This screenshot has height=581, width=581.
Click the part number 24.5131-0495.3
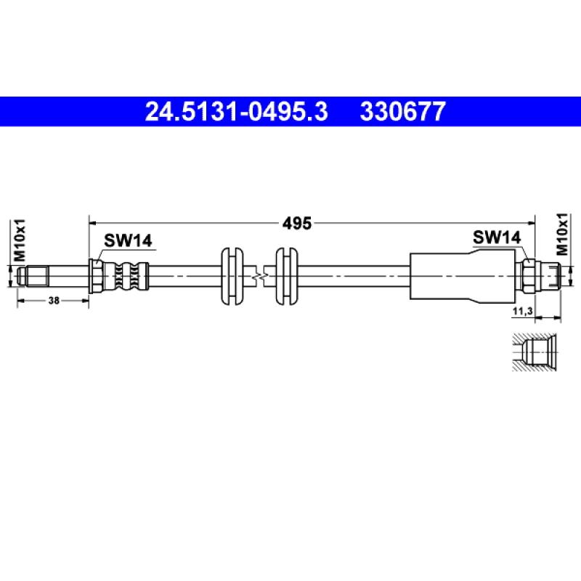[x=237, y=112]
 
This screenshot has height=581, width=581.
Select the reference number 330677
[x=403, y=112]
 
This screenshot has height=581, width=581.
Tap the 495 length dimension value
[x=297, y=224]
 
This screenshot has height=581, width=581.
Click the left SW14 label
[x=128, y=240]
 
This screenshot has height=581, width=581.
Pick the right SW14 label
[x=497, y=237]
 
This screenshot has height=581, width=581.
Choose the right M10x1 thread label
[x=561, y=234]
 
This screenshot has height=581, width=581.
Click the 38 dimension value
[x=54, y=301]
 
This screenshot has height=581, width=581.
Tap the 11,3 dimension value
[x=522, y=312]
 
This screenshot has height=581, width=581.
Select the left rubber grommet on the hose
[x=232, y=277]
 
